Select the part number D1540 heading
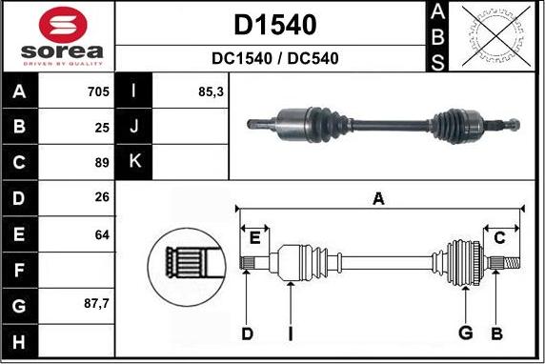pos(274,23)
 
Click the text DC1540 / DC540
pos(274,58)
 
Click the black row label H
pos(20,340)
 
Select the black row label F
pos(20,270)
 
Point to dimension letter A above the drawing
pos(378,199)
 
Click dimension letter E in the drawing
pos(254,237)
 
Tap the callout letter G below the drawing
pos(466,333)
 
